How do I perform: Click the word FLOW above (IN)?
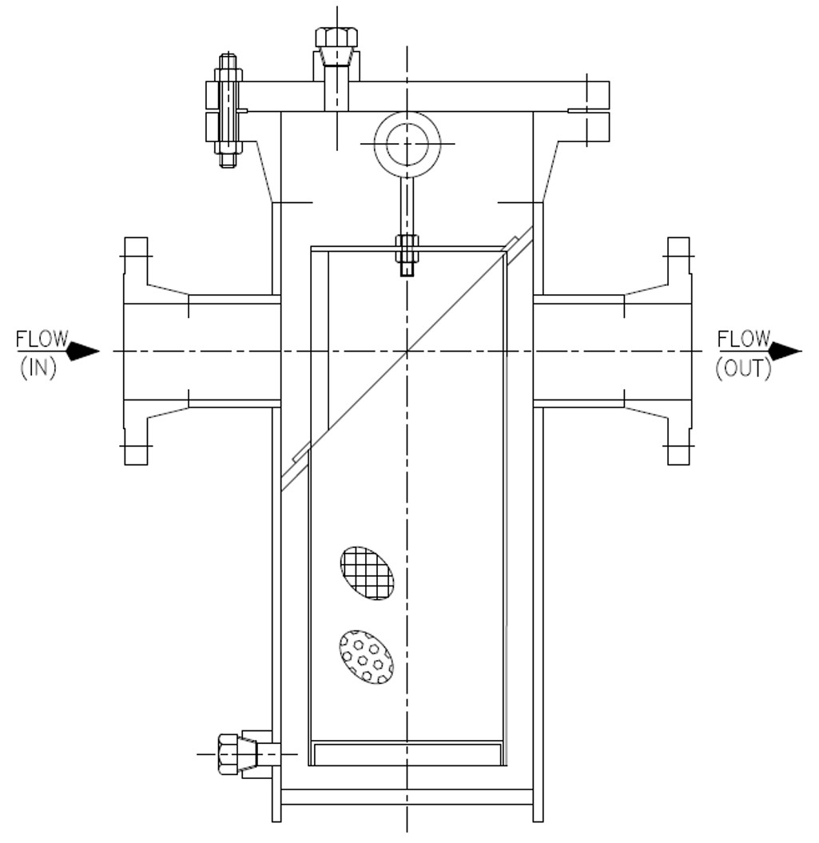tap(42, 340)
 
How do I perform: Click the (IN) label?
tap(38, 368)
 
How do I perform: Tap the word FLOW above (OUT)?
tap(744, 340)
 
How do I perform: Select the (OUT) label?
tap(743, 368)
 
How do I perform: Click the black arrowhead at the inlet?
tap(83, 351)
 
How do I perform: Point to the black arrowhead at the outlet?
tap(785, 351)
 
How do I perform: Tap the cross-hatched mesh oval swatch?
tap(367, 573)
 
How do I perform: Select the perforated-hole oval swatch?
tap(366, 657)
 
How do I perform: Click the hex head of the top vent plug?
tap(336, 38)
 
